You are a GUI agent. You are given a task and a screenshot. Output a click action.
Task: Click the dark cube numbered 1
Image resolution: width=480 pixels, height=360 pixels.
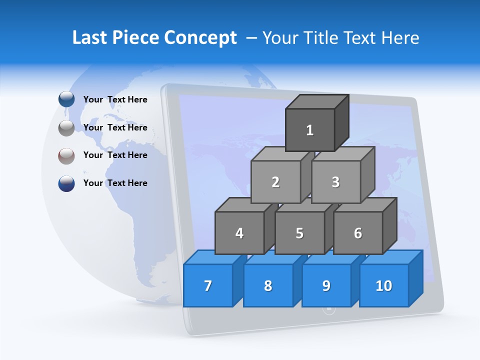tap(310, 130)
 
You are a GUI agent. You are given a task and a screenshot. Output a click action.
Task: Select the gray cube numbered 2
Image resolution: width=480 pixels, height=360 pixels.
tap(275, 182)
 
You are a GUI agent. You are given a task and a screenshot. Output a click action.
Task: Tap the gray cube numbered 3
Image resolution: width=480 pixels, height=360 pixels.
tap(335, 182)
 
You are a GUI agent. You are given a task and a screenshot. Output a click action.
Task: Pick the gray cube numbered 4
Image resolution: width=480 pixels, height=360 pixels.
tap(239, 233)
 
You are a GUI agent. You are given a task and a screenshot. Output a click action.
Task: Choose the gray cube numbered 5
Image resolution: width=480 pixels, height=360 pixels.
tap(299, 233)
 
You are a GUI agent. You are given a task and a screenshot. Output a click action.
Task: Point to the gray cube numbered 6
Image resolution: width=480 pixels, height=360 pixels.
tap(358, 233)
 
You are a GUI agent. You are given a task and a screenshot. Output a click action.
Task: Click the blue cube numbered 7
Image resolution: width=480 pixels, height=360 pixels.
tap(208, 285)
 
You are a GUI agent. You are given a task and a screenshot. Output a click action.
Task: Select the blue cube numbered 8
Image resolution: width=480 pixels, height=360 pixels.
tap(268, 285)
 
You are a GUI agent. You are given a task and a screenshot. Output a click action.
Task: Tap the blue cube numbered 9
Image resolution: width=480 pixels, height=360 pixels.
tap(326, 285)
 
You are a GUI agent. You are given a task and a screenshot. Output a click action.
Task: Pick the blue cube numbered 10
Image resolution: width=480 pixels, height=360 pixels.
tap(384, 285)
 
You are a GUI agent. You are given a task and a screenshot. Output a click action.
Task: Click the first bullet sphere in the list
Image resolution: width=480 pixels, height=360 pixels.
tap(66, 99)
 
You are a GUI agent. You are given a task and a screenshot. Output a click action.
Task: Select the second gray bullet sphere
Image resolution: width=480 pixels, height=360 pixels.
tap(66, 128)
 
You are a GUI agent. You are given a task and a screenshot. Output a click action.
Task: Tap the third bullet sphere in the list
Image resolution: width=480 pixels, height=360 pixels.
tap(66, 155)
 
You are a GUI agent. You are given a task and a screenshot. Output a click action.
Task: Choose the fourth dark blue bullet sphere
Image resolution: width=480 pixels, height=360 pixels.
tap(66, 183)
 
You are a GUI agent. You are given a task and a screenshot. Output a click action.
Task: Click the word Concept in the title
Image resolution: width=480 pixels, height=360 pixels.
tap(200, 38)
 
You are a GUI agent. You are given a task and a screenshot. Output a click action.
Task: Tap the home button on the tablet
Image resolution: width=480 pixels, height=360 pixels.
tap(329, 309)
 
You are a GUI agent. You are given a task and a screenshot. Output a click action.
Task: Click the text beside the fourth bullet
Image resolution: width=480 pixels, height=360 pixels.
tap(115, 183)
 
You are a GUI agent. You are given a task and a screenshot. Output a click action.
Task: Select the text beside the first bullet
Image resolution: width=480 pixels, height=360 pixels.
tap(115, 99)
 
